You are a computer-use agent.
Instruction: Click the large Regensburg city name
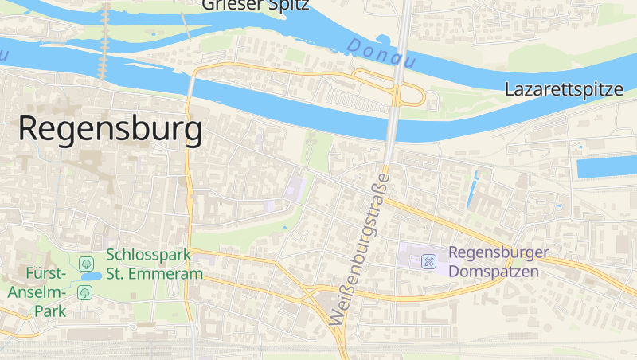(110, 129)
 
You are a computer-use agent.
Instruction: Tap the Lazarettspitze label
(564, 89)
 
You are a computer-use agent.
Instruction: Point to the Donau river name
(382, 53)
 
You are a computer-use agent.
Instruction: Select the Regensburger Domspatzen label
(498, 262)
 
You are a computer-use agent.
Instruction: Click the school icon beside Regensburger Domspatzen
(429, 260)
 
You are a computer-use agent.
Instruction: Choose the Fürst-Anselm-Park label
(37, 292)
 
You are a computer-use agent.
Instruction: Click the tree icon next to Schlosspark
(86, 262)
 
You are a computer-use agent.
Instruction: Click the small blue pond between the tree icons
(90, 276)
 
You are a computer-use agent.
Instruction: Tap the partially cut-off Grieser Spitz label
(255, 5)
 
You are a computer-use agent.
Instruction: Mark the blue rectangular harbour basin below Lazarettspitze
(606, 168)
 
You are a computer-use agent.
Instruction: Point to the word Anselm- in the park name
(33, 292)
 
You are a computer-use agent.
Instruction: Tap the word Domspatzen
(494, 272)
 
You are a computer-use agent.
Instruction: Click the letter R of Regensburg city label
(29, 129)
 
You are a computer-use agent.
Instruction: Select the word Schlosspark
(149, 256)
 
